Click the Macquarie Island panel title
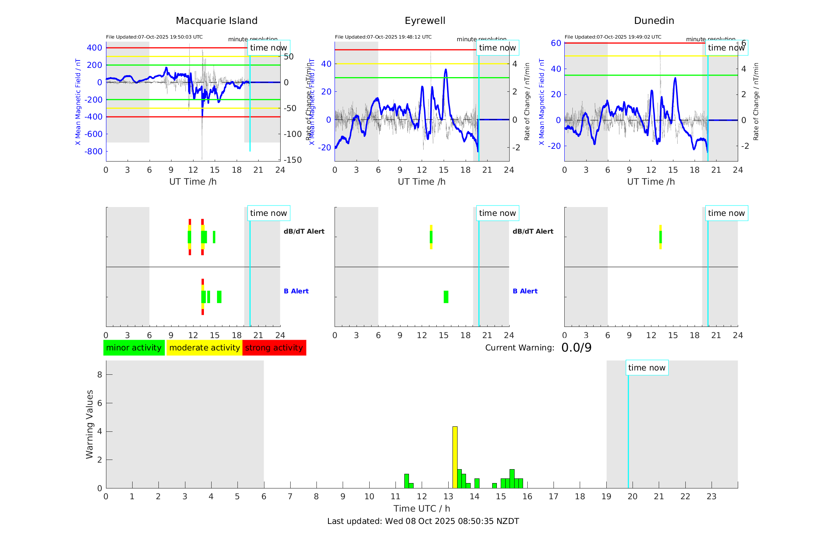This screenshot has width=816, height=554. [x=216, y=21]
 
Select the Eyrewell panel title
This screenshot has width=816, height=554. [x=425, y=21]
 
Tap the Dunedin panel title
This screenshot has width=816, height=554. [x=654, y=21]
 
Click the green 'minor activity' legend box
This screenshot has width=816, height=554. [x=134, y=348]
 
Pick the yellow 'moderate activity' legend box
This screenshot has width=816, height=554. [x=204, y=348]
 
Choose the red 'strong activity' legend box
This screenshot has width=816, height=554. [x=274, y=348]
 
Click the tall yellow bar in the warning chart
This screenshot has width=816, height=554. [x=455, y=457]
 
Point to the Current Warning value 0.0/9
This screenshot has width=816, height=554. [x=576, y=348]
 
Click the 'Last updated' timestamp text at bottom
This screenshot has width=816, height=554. [x=423, y=521]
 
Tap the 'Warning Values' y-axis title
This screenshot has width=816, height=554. [x=90, y=424]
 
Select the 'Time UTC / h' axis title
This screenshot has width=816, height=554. [x=422, y=509]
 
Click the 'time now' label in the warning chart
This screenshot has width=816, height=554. [x=647, y=368]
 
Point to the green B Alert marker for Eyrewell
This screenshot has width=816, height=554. [x=446, y=297]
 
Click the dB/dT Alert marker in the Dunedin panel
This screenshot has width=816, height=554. [x=660, y=237]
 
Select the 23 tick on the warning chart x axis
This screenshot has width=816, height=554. [x=711, y=497]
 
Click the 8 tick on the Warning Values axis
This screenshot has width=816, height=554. [x=100, y=374]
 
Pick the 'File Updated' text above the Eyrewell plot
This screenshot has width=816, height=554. [x=383, y=37]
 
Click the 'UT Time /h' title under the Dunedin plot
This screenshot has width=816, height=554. [x=651, y=182]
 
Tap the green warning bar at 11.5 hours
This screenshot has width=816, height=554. [x=406, y=481]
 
